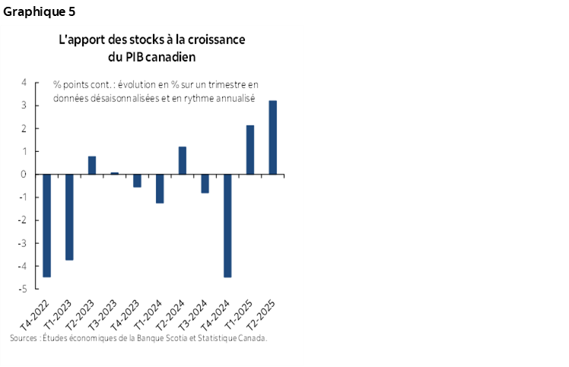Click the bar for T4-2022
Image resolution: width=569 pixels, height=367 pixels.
(x=46, y=226)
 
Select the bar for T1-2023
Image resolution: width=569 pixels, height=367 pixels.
(x=69, y=217)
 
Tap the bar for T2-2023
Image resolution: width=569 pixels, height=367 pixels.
(x=92, y=165)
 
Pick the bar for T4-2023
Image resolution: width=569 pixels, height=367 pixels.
(x=137, y=181)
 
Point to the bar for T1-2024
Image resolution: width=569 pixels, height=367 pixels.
(x=160, y=188)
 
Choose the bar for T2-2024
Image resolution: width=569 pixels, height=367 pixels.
(x=183, y=160)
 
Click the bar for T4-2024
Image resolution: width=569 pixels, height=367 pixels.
(x=227, y=226)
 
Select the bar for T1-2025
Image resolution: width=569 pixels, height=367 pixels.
(x=250, y=150)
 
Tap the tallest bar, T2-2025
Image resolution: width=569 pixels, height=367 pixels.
(x=272, y=138)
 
